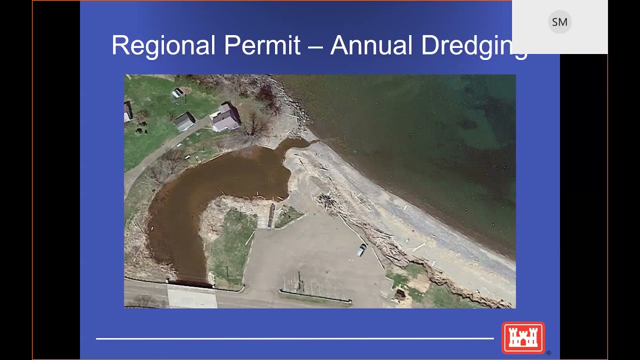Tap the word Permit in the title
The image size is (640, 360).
(x=262, y=45)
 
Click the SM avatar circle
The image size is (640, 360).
(x=559, y=22)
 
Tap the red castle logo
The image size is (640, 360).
(x=523, y=338)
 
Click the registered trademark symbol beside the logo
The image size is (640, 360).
(x=548, y=353)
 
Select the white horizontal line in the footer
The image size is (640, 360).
(x=294, y=338)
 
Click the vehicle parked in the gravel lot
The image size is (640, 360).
(x=361, y=249)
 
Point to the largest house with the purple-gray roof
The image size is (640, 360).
(x=226, y=118)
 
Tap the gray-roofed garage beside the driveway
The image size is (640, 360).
(x=184, y=121)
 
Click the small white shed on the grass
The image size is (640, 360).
(x=177, y=92)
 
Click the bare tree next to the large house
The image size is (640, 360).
(x=256, y=124)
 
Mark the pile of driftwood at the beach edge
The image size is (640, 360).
(x=327, y=201)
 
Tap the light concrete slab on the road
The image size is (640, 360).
(x=192, y=297)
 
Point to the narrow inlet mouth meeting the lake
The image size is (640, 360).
(x=300, y=143)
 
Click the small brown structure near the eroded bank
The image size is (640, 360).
(x=399, y=294)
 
